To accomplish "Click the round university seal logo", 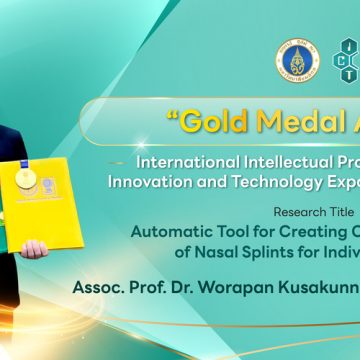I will tap(292, 61).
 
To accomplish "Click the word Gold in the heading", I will tap(212, 124).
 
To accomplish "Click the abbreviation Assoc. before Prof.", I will tap(98, 288).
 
